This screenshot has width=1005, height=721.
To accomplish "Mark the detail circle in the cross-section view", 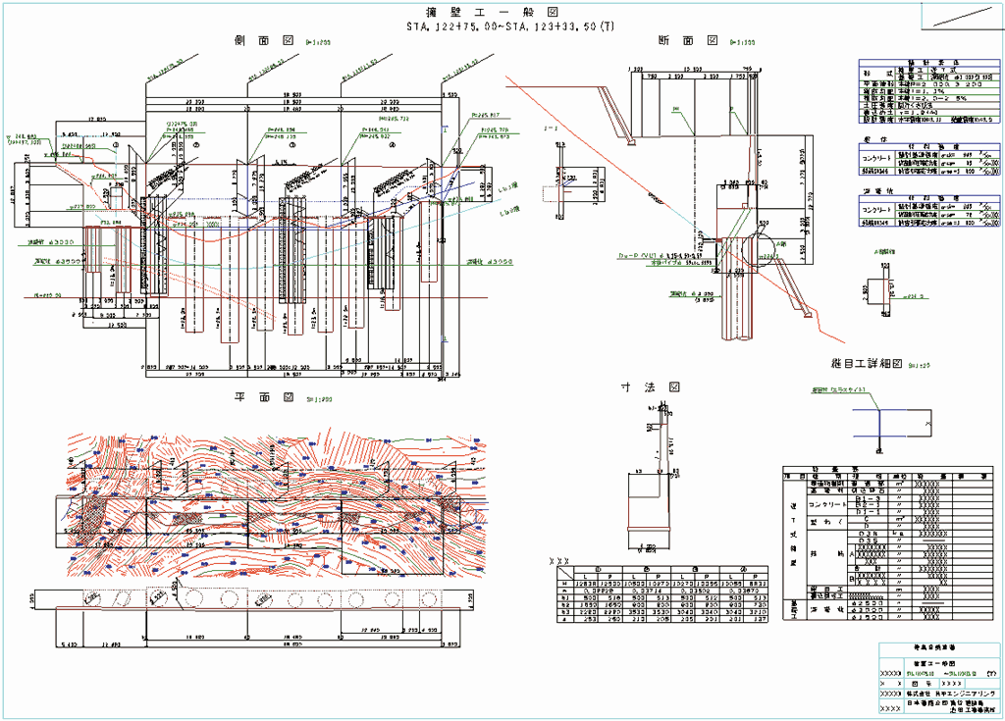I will (x=757, y=251).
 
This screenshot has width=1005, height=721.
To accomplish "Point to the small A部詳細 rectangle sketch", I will (x=878, y=290).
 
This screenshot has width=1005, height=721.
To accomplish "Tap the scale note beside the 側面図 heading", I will (x=318, y=42).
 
